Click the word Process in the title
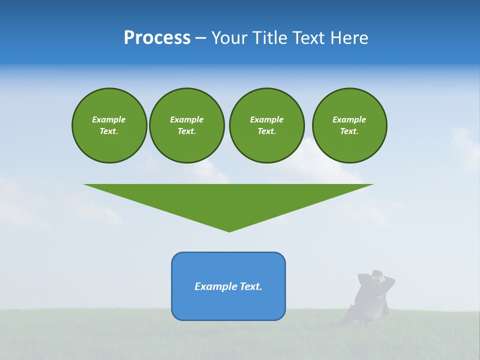pyautogui.click(x=157, y=38)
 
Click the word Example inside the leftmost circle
pyautogui.click(x=109, y=119)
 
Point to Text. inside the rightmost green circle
pyautogui.click(x=349, y=131)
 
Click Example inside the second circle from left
pyautogui.click(x=186, y=119)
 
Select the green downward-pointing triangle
pyautogui.click(x=228, y=200)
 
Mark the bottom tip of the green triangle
pyautogui.click(x=229, y=231)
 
